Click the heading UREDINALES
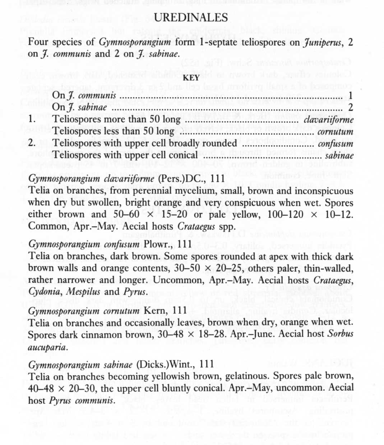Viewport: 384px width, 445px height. coord(191,18)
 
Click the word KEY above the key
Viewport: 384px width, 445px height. coord(191,78)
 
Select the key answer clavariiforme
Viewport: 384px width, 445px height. coord(329,120)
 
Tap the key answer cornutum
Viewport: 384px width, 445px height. coord(335,132)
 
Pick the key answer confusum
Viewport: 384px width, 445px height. coord(336,144)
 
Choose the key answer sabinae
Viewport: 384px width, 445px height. coord(339,155)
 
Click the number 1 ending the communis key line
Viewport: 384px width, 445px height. coord(351,95)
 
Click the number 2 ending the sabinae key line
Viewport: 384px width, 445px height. coord(351,107)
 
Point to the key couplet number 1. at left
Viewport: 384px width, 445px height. coord(32,119)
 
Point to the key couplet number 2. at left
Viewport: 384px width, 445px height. coord(32,143)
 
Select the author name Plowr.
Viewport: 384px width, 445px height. coord(157,244)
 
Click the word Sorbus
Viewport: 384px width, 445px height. coord(340,334)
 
